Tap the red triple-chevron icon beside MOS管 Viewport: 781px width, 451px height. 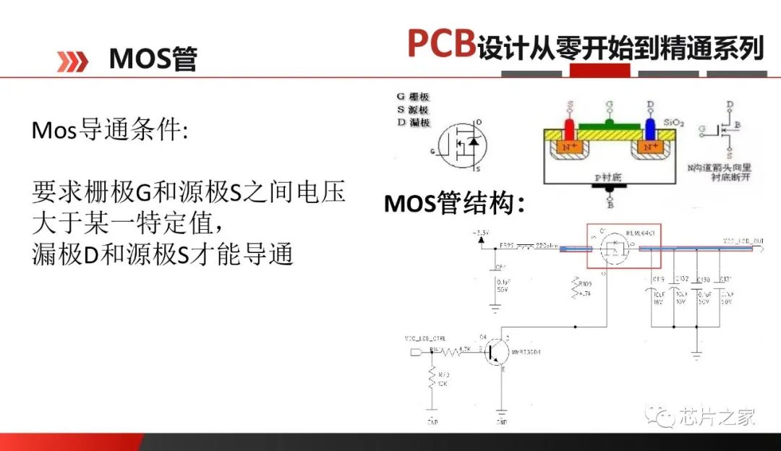click(72, 61)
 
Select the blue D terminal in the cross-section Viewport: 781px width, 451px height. click(650, 128)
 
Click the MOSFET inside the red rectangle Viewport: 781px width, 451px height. click(614, 250)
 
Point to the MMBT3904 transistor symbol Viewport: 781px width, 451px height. click(498, 352)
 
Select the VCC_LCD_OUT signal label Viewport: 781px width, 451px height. click(743, 241)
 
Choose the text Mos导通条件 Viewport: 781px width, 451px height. click(109, 131)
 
